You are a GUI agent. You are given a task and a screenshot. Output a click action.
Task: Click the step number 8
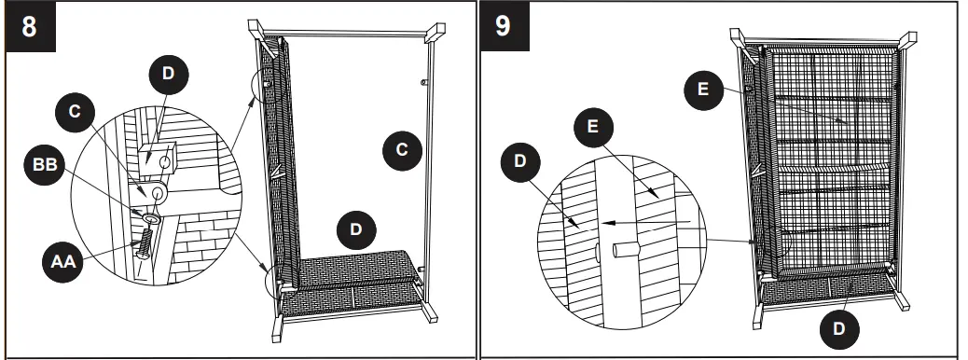(30, 27)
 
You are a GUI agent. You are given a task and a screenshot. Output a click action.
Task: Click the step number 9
(504, 27)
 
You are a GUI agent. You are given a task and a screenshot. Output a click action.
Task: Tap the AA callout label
(63, 262)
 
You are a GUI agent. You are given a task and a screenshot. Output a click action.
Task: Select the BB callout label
(45, 165)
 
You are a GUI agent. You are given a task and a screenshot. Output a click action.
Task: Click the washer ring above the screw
(150, 218)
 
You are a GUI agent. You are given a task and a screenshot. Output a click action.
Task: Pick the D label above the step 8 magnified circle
(169, 74)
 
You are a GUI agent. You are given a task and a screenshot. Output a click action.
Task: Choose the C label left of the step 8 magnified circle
(75, 112)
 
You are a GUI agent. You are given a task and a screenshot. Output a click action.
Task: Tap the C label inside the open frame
(403, 149)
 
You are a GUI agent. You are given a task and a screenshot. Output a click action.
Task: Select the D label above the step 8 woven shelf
(356, 229)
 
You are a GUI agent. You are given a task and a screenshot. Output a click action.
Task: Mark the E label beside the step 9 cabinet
(703, 90)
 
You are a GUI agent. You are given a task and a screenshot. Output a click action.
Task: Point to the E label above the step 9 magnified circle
(593, 127)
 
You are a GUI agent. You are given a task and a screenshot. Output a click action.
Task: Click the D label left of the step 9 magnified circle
(520, 161)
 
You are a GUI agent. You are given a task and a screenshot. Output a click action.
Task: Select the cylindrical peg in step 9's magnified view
(626, 250)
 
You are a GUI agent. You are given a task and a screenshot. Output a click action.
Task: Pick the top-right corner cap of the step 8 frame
(436, 33)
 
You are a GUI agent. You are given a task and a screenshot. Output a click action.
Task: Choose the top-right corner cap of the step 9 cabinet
(907, 39)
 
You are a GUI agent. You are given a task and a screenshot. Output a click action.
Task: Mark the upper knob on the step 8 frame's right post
(423, 82)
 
